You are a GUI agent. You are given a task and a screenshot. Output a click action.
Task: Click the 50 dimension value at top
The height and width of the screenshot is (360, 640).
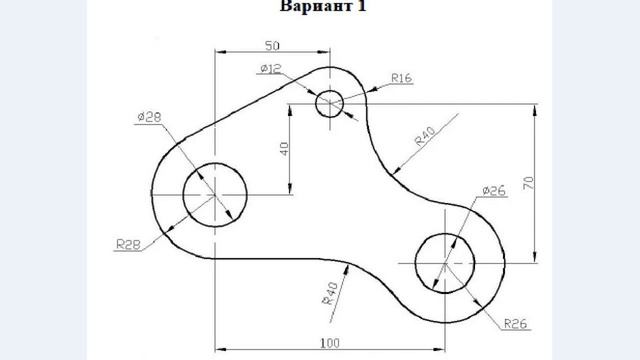[x=272, y=45]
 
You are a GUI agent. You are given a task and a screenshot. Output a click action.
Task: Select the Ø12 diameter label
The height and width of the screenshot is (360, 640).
[x=270, y=68]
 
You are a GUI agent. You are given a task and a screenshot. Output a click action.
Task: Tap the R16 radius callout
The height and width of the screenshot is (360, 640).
[x=402, y=77]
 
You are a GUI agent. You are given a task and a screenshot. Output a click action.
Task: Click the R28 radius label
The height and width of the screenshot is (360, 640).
[x=128, y=242]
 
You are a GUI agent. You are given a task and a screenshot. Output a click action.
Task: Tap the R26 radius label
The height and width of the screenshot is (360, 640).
[x=515, y=322]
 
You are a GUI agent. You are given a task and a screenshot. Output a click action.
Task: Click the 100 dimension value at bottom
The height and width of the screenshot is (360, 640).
[x=329, y=343]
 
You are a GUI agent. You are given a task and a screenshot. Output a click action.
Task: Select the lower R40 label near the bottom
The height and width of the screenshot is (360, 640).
[x=328, y=290]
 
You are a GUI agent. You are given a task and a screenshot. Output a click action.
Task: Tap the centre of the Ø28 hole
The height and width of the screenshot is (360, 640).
[x=215, y=193]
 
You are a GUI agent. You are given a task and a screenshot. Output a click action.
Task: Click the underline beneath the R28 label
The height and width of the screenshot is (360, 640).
[x=127, y=250]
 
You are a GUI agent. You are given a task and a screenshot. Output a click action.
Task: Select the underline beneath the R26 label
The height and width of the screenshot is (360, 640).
[x=514, y=330]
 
